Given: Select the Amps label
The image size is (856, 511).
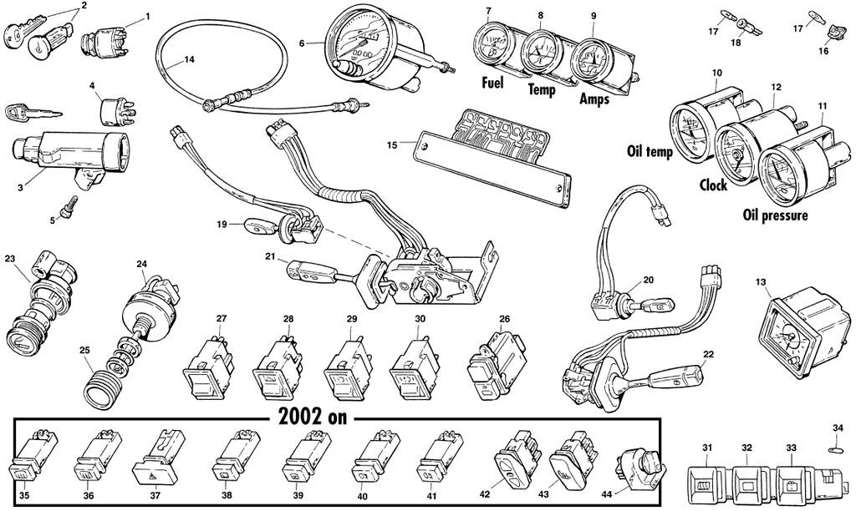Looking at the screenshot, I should tap(594, 99).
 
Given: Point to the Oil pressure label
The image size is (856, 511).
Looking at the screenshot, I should tap(775, 216).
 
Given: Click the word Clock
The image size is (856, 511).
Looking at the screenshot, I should tap(712, 185).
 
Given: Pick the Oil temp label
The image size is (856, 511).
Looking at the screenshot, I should tap(649, 152).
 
